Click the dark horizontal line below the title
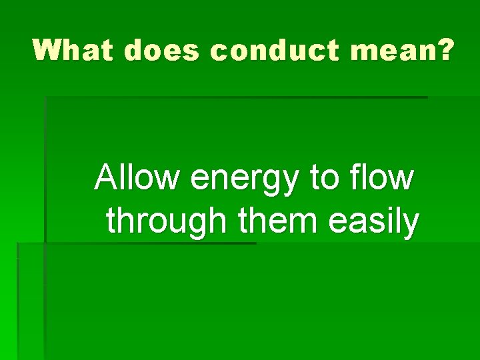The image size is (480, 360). point(237,97)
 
